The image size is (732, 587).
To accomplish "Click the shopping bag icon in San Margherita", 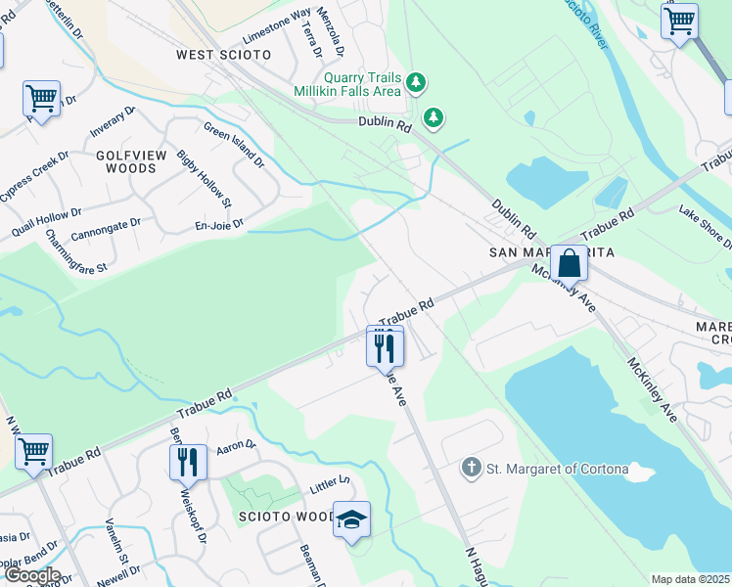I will click(569, 263).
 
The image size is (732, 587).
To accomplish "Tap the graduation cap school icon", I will click(351, 519).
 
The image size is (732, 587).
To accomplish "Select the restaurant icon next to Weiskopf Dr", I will click(188, 461).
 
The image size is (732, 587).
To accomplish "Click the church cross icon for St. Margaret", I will click(472, 469).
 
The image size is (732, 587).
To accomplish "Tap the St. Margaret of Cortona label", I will click(558, 469).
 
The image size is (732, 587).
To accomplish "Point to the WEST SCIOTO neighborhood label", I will click(223, 55).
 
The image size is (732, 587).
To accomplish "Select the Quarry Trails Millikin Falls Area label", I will click(348, 83).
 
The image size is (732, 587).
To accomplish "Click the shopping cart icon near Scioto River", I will click(679, 21).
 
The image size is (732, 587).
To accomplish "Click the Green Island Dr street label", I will click(234, 144).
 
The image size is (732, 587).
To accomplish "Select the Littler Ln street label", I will click(330, 483).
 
